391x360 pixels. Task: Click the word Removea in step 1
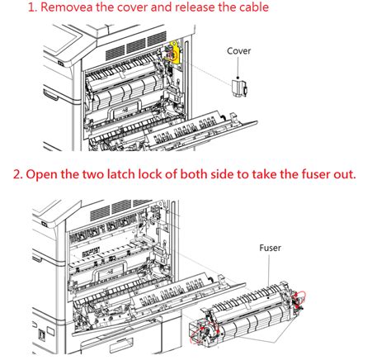[x=67, y=7]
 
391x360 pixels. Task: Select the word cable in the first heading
[x=254, y=7]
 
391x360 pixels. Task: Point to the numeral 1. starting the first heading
[x=33, y=7]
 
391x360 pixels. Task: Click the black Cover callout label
[x=238, y=51]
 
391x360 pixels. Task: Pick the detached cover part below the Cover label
[x=240, y=88]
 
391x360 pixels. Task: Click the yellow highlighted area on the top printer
[x=172, y=52]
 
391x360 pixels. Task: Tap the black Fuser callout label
[x=270, y=248]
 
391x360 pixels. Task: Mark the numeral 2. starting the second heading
[x=18, y=174]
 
